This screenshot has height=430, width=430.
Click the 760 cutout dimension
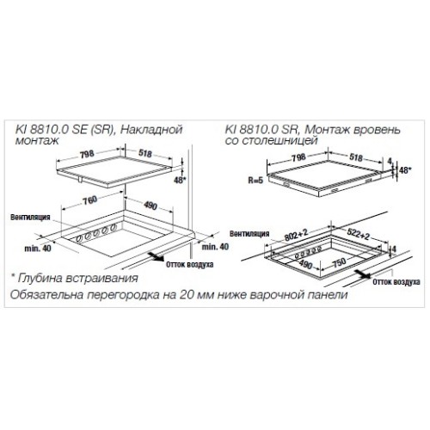[x=90, y=200]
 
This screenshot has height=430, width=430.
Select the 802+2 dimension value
[x=296, y=234]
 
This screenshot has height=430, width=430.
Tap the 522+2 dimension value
[x=359, y=234]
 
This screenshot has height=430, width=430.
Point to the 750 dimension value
[x=340, y=261]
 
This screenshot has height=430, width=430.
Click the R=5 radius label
[x=255, y=181]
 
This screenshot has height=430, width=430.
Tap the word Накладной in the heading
[x=151, y=130]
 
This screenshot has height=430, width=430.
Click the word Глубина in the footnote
[x=40, y=279]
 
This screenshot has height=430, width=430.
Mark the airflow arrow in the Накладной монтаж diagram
[x=156, y=257]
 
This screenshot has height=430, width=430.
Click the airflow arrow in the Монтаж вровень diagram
[x=362, y=274]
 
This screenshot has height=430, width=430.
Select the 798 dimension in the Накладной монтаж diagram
[x=87, y=154]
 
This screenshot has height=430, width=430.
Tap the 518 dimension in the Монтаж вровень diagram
[x=356, y=157]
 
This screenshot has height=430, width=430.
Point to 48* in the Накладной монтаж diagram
[x=181, y=181]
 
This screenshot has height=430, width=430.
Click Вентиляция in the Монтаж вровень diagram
[x=249, y=234]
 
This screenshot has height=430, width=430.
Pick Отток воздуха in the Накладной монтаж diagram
[x=190, y=264]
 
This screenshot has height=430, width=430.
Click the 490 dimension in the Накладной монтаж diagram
[x=150, y=206]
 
